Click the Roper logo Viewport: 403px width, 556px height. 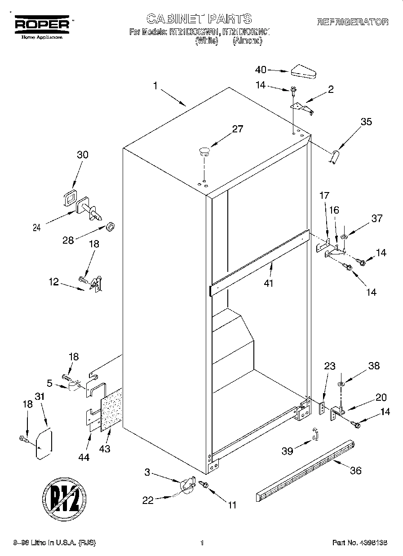(43, 26)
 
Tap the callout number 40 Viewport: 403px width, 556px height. (261, 70)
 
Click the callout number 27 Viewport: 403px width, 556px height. (237, 129)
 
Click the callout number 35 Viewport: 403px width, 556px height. (366, 121)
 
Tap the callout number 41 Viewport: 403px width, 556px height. (269, 283)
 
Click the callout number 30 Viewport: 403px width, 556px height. (82, 155)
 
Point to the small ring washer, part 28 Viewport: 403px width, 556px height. (110, 225)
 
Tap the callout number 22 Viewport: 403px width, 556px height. (148, 500)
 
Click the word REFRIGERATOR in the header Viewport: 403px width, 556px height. (353, 22)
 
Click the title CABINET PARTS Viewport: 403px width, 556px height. (199, 18)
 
